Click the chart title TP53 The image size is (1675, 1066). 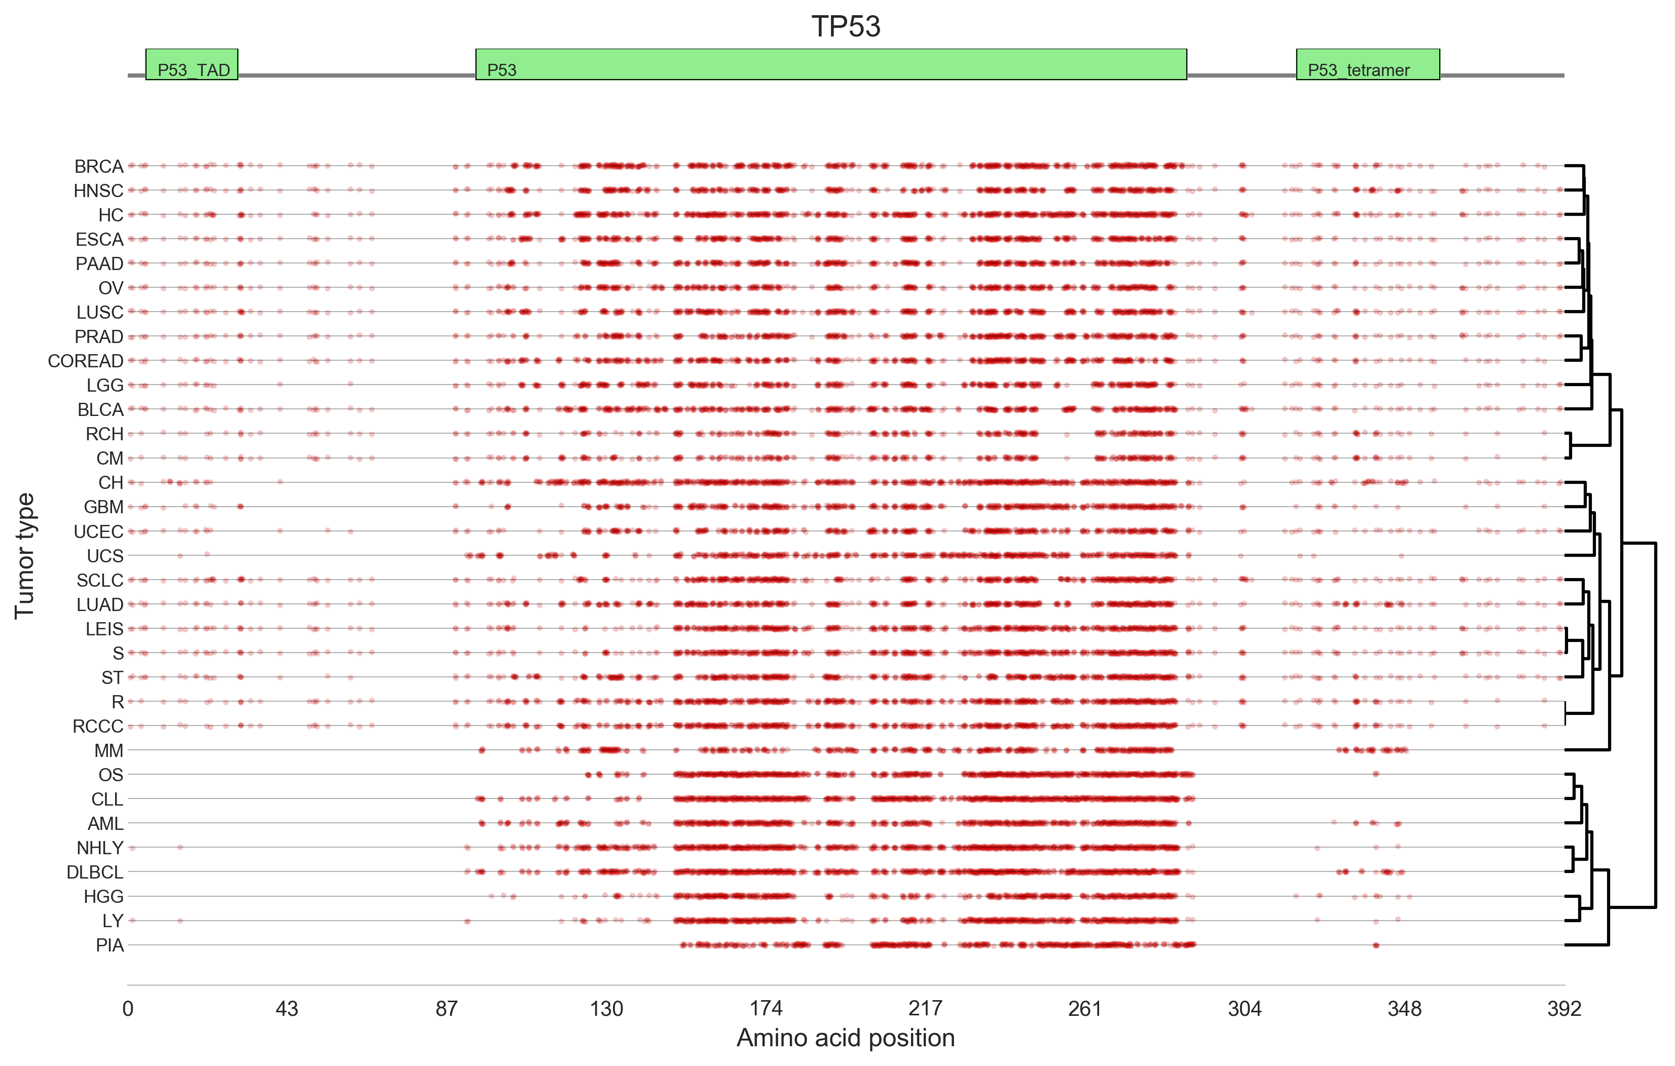(x=845, y=26)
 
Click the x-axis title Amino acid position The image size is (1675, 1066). (x=845, y=1038)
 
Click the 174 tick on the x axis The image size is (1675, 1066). (x=766, y=1008)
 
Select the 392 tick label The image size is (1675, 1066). (x=1564, y=1008)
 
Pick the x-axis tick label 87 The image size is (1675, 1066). (x=446, y=1008)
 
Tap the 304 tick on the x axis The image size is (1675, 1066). (x=1245, y=1008)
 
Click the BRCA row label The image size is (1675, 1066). (x=99, y=166)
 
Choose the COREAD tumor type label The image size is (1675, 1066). (x=86, y=361)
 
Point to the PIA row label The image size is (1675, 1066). (x=110, y=945)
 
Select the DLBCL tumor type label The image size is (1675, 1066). (x=95, y=872)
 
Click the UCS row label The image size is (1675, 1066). (x=105, y=556)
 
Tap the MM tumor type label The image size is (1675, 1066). (x=108, y=750)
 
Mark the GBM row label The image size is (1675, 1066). (x=103, y=507)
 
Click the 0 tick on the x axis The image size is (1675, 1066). (x=128, y=1008)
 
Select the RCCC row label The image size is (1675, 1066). (x=98, y=726)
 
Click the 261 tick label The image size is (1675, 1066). (x=1084, y=1008)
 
